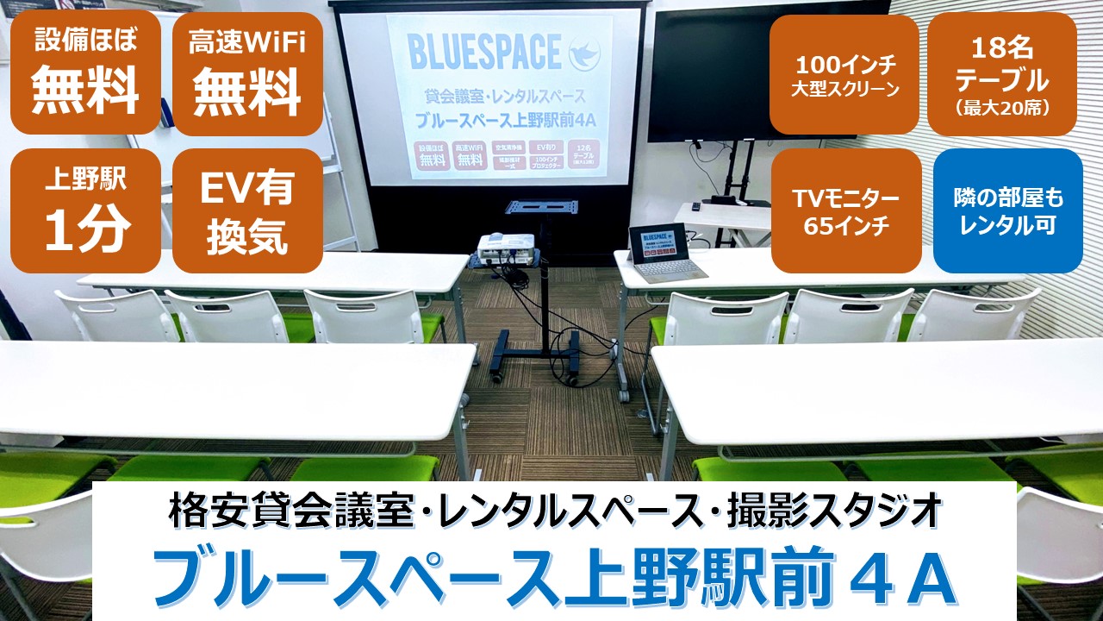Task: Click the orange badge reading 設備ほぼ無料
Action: pyautogui.click(x=86, y=72)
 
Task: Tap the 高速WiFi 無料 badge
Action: pyautogui.click(x=248, y=72)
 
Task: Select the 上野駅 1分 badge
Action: pyautogui.click(x=86, y=210)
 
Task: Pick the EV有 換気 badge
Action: pyautogui.click(x=248, y=210)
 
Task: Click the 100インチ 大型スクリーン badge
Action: pyautogui.click(x=844, y=75)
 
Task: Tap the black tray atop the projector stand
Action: pyautogui.click(x=542, y=208)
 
